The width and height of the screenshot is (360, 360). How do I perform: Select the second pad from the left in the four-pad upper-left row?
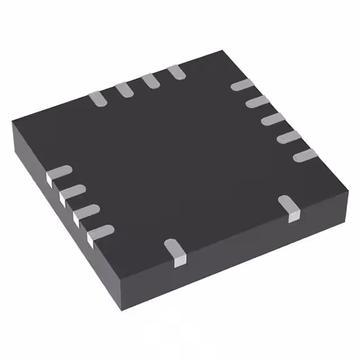tap(125, 89)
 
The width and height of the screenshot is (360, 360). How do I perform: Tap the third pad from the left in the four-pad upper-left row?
tap(151, 80)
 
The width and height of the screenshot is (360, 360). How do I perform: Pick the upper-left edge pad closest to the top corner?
tap(177, 71)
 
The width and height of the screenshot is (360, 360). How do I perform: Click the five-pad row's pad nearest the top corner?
tap(243, 85)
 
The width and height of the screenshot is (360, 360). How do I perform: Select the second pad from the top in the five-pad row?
tap(258, 102)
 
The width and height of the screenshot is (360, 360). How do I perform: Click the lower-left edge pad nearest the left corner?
tap(58, 173)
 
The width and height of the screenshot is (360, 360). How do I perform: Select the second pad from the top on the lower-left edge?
tap(72, 192)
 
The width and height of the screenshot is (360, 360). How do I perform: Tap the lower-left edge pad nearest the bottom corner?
tap(100, 232)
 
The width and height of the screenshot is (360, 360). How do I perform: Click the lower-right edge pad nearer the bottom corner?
tap(175, 251)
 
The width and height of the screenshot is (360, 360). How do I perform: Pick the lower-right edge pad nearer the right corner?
tap(290, 206)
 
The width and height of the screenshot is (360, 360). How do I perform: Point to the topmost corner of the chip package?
tap(224, 51)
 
